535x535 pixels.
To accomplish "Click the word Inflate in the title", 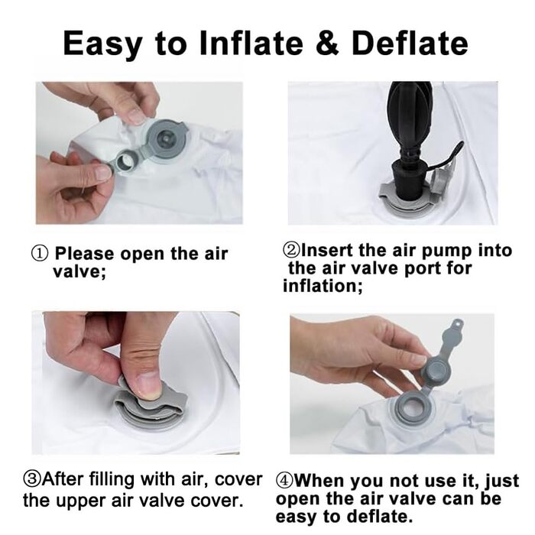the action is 251,44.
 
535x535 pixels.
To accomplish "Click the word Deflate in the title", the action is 410,44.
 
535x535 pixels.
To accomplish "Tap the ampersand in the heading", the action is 328,44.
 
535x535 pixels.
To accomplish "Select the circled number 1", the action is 40,255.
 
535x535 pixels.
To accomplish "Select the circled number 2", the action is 291,250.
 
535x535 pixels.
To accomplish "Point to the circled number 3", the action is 32,480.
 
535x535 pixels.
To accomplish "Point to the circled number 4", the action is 284,481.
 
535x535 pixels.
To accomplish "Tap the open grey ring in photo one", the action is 125,162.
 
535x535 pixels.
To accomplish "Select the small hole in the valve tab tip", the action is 459,322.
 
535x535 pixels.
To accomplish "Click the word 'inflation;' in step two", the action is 323,286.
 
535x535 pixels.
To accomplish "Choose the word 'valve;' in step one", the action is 79,272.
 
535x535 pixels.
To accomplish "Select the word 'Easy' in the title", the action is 103,44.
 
